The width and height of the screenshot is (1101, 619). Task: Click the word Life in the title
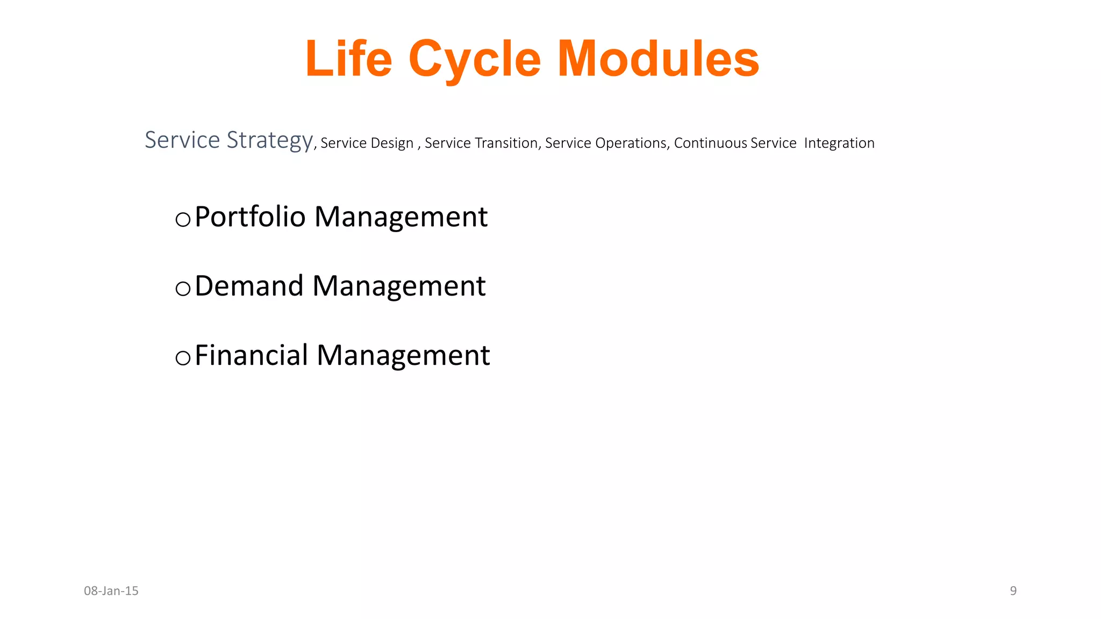[348, 59]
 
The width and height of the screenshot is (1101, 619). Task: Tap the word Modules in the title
[658, 59]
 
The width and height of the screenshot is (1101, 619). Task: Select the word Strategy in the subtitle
[269, 140]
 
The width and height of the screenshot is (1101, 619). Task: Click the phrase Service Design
[367, 143]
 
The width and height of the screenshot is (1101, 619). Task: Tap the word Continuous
[710, 143]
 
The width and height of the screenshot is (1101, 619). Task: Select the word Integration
[839, 143]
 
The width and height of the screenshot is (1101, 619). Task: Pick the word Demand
[249, 286]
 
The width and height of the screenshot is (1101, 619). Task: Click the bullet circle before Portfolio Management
[183, 219]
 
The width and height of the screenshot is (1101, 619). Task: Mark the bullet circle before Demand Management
[183, 289]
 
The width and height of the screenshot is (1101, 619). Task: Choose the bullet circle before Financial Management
[183, 358]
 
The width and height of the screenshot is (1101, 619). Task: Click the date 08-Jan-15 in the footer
[111, 591]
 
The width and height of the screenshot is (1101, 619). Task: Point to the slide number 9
[1013, 591]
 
